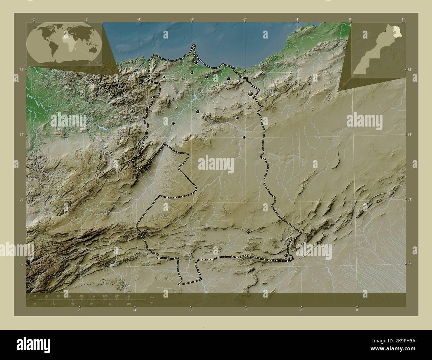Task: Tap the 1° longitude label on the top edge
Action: pos(402,19)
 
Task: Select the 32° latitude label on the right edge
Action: pos(409,264)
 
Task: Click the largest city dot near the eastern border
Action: pos(251,94)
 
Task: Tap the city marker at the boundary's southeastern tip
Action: pos(289,259)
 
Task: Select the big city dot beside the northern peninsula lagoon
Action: pos(197,62)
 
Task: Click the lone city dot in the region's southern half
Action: pos(249,233)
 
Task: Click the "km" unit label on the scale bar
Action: pos(152,297)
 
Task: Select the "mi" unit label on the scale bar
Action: pos(152,302)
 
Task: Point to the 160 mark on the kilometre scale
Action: pos(128,296)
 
